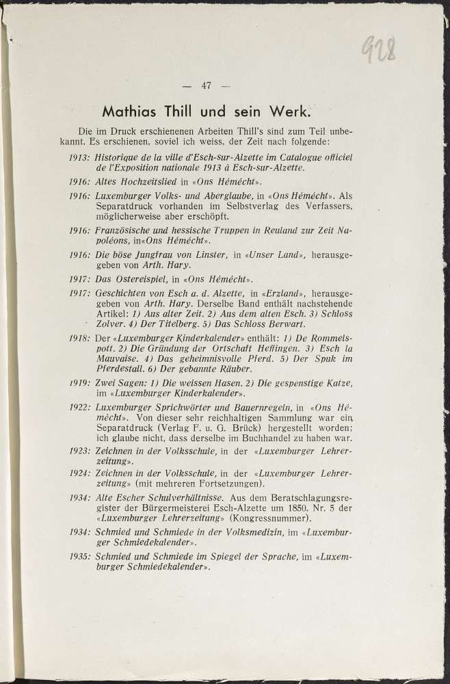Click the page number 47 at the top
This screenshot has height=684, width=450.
(x=206, y=86)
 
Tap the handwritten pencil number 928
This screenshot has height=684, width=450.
(x=378, y=49)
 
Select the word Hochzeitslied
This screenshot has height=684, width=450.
(x=150, y=182)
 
